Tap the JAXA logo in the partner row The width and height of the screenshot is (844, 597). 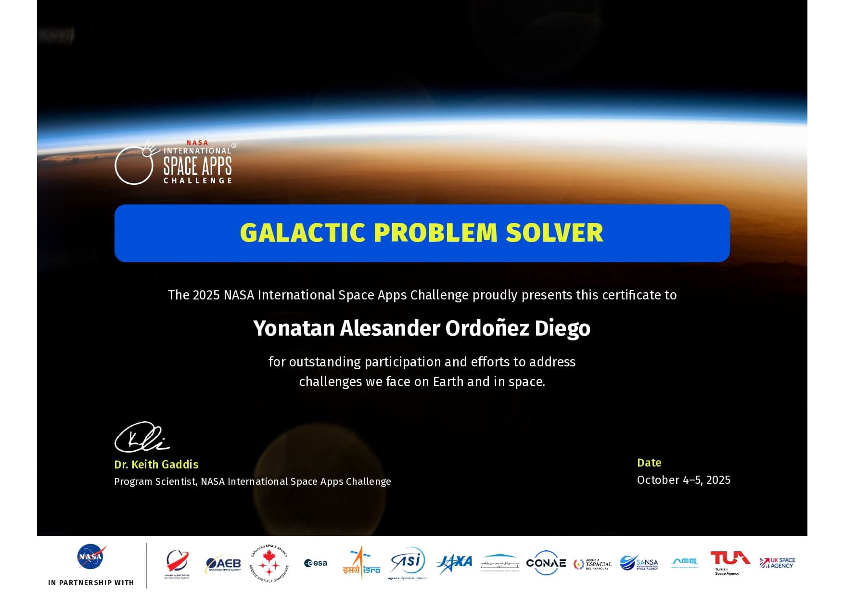pyautogui.click(x=454, y=562)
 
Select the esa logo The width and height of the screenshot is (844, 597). pyautogui.click(x=316, y=563)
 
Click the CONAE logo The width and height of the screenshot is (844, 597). pyautogui.click(x=546, y=563)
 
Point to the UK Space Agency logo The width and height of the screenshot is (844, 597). pyautogui.click(x=777, y=562)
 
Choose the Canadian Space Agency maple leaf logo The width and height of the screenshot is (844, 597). pyautogui.click(x=269, y=563)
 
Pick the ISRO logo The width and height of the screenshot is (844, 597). pyautogui.click(x=361, y=563)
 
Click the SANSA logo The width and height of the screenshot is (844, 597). pyautogui.click(x=639, y=563)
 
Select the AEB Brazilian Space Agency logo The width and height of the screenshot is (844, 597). pyautogui.click(x=223, y=563)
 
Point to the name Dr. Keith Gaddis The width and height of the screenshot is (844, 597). pyautogui.click(x=156, y=465)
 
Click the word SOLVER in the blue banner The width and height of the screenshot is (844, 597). pyautogui.click(x=554, y=233)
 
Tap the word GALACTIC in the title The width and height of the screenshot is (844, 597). pyautogui.click(x=303, y=233)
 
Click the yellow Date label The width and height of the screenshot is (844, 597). pyautogui.click(x=649, y=463)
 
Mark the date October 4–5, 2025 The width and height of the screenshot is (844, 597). pyautogui.click(x=683, y=480)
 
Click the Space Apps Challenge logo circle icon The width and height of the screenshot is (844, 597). pyautogui.click(x=134, y=165)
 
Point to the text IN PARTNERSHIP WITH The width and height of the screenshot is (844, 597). pyautogui.click(x=91, y=583)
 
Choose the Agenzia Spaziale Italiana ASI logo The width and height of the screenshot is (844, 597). pyautogui.click(x=408, y=563)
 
